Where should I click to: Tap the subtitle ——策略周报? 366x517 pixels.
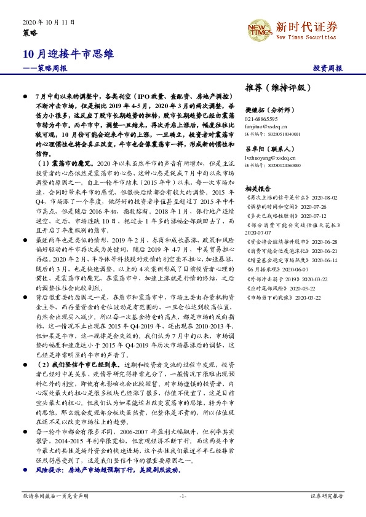pos(44,69)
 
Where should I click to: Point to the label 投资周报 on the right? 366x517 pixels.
pos(327,69)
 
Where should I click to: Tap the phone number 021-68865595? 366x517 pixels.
pos(261,119)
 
